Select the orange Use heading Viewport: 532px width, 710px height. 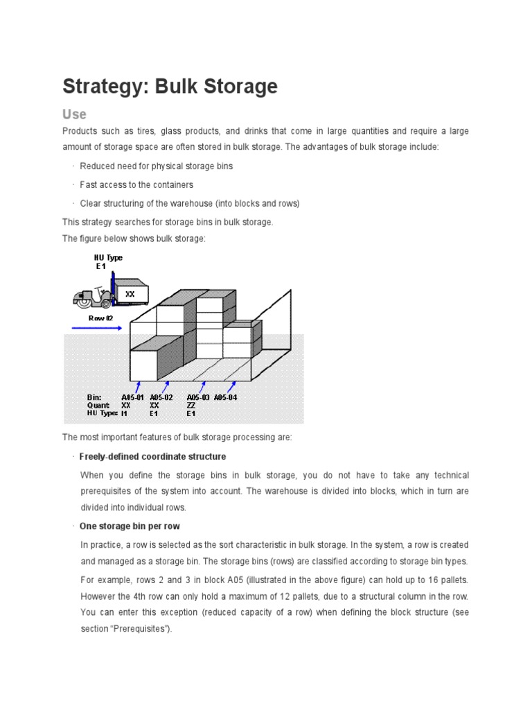74,114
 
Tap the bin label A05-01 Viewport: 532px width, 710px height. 133,397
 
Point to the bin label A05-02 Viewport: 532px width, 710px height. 161,397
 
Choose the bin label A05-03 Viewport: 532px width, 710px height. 198,397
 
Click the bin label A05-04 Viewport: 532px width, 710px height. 226,397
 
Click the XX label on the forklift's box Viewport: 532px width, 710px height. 130,294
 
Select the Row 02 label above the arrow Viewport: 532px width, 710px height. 100,318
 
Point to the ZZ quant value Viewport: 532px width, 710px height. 191,405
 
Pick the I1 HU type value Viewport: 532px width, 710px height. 125,413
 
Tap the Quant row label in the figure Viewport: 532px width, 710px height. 98,405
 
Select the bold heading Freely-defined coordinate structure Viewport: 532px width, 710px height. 152,457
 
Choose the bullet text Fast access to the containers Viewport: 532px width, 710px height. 136,185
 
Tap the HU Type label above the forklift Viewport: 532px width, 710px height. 108,257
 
